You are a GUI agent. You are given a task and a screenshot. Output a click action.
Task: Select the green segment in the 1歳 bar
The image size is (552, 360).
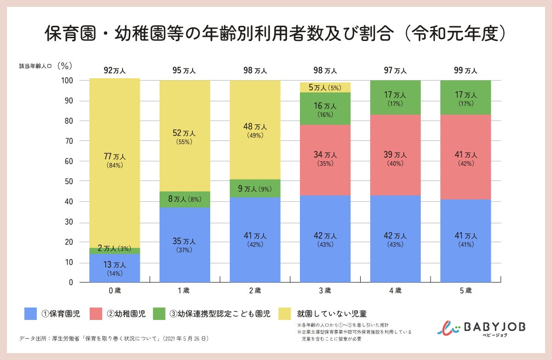point(184,199)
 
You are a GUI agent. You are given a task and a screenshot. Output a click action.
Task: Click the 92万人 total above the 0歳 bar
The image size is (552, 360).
point(115,70)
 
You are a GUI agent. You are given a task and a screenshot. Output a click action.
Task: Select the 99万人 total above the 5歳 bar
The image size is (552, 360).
point(466,70)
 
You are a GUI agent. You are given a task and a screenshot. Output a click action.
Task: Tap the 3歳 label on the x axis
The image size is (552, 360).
point(325,291)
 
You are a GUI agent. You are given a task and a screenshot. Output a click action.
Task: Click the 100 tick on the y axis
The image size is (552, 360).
point(67,81)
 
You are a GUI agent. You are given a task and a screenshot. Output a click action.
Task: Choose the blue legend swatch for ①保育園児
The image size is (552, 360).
point(30,314)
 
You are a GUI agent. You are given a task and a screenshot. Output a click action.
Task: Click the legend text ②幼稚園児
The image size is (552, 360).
point(126,314)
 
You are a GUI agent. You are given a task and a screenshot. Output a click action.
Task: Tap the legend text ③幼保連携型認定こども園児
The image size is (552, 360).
point(220,314)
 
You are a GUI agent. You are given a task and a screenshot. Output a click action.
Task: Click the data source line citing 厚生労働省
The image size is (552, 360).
point(114,339)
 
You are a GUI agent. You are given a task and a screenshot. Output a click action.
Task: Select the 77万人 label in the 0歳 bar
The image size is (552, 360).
point(115,157)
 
